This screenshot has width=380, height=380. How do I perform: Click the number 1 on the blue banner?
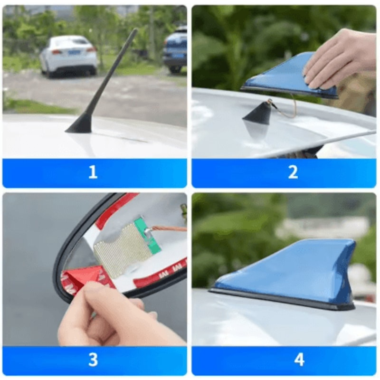pyautogui.click(x=93, y=172)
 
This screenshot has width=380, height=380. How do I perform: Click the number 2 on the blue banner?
pyautogui.click(x=293, y=172)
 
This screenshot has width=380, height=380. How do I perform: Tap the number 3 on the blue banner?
pyautogui.click(x=93, y=360)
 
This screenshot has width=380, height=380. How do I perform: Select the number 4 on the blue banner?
pyautogui.click(x=299, y=360)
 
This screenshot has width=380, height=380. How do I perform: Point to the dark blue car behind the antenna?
pyautogui.click(x=175, y=50)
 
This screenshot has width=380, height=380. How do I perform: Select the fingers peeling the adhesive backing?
pyautogui.click(x=109, y=309)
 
